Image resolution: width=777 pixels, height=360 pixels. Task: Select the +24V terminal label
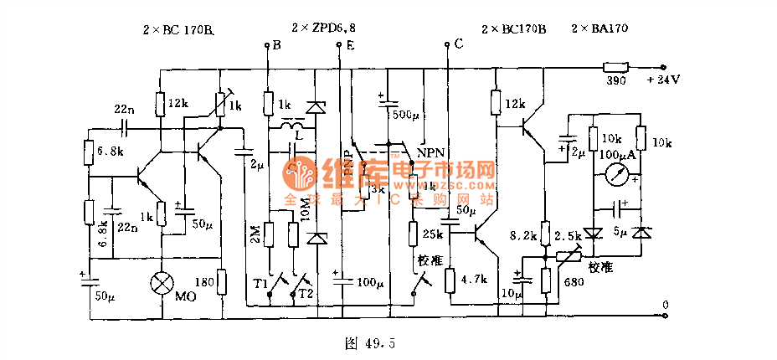point(662,81)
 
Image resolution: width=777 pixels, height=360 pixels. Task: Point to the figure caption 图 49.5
point(369,342)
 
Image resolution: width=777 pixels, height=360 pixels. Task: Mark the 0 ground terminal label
point(665,304)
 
